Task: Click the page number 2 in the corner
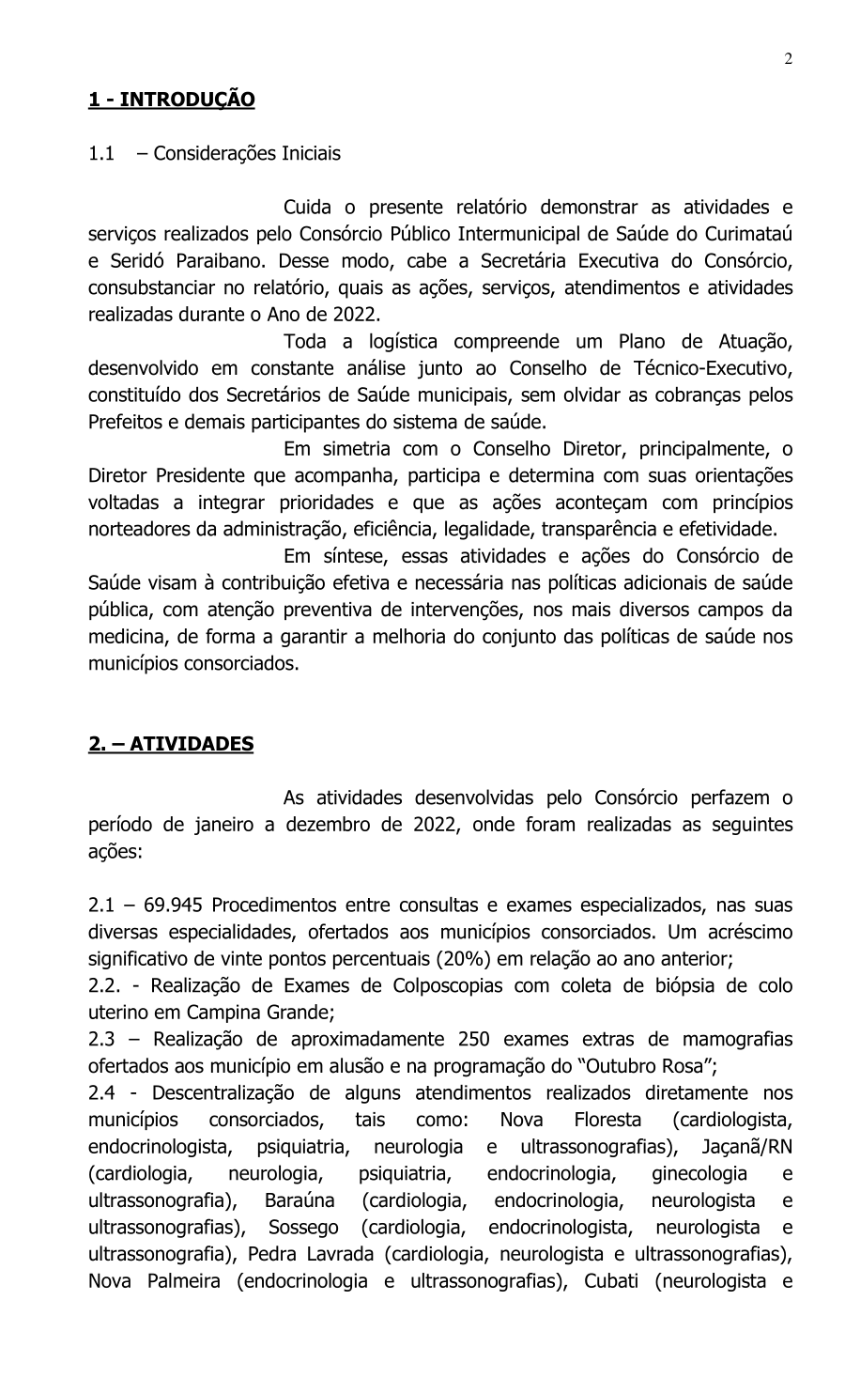pos(789,59)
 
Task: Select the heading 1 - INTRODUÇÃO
pos(172,99)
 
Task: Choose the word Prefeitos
pos(127,421)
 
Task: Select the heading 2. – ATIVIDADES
pos(171,744)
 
